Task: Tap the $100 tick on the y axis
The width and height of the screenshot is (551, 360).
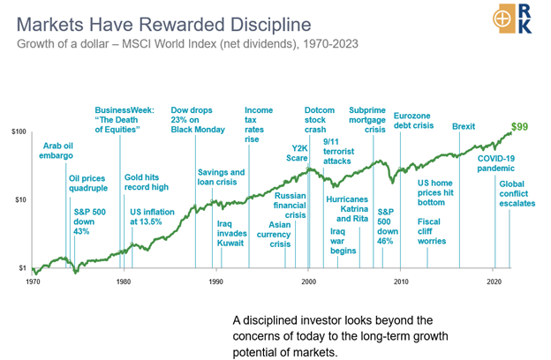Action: pyautogui.click(x=17, y=131)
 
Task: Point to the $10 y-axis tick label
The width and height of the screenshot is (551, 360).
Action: pyautogui.click(x=19, y=199)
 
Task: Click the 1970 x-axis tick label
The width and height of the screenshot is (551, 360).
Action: pyautogui.click(x=34, y=281)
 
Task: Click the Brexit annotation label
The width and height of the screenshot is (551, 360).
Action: pyautogui.click(x=463, y=127)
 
